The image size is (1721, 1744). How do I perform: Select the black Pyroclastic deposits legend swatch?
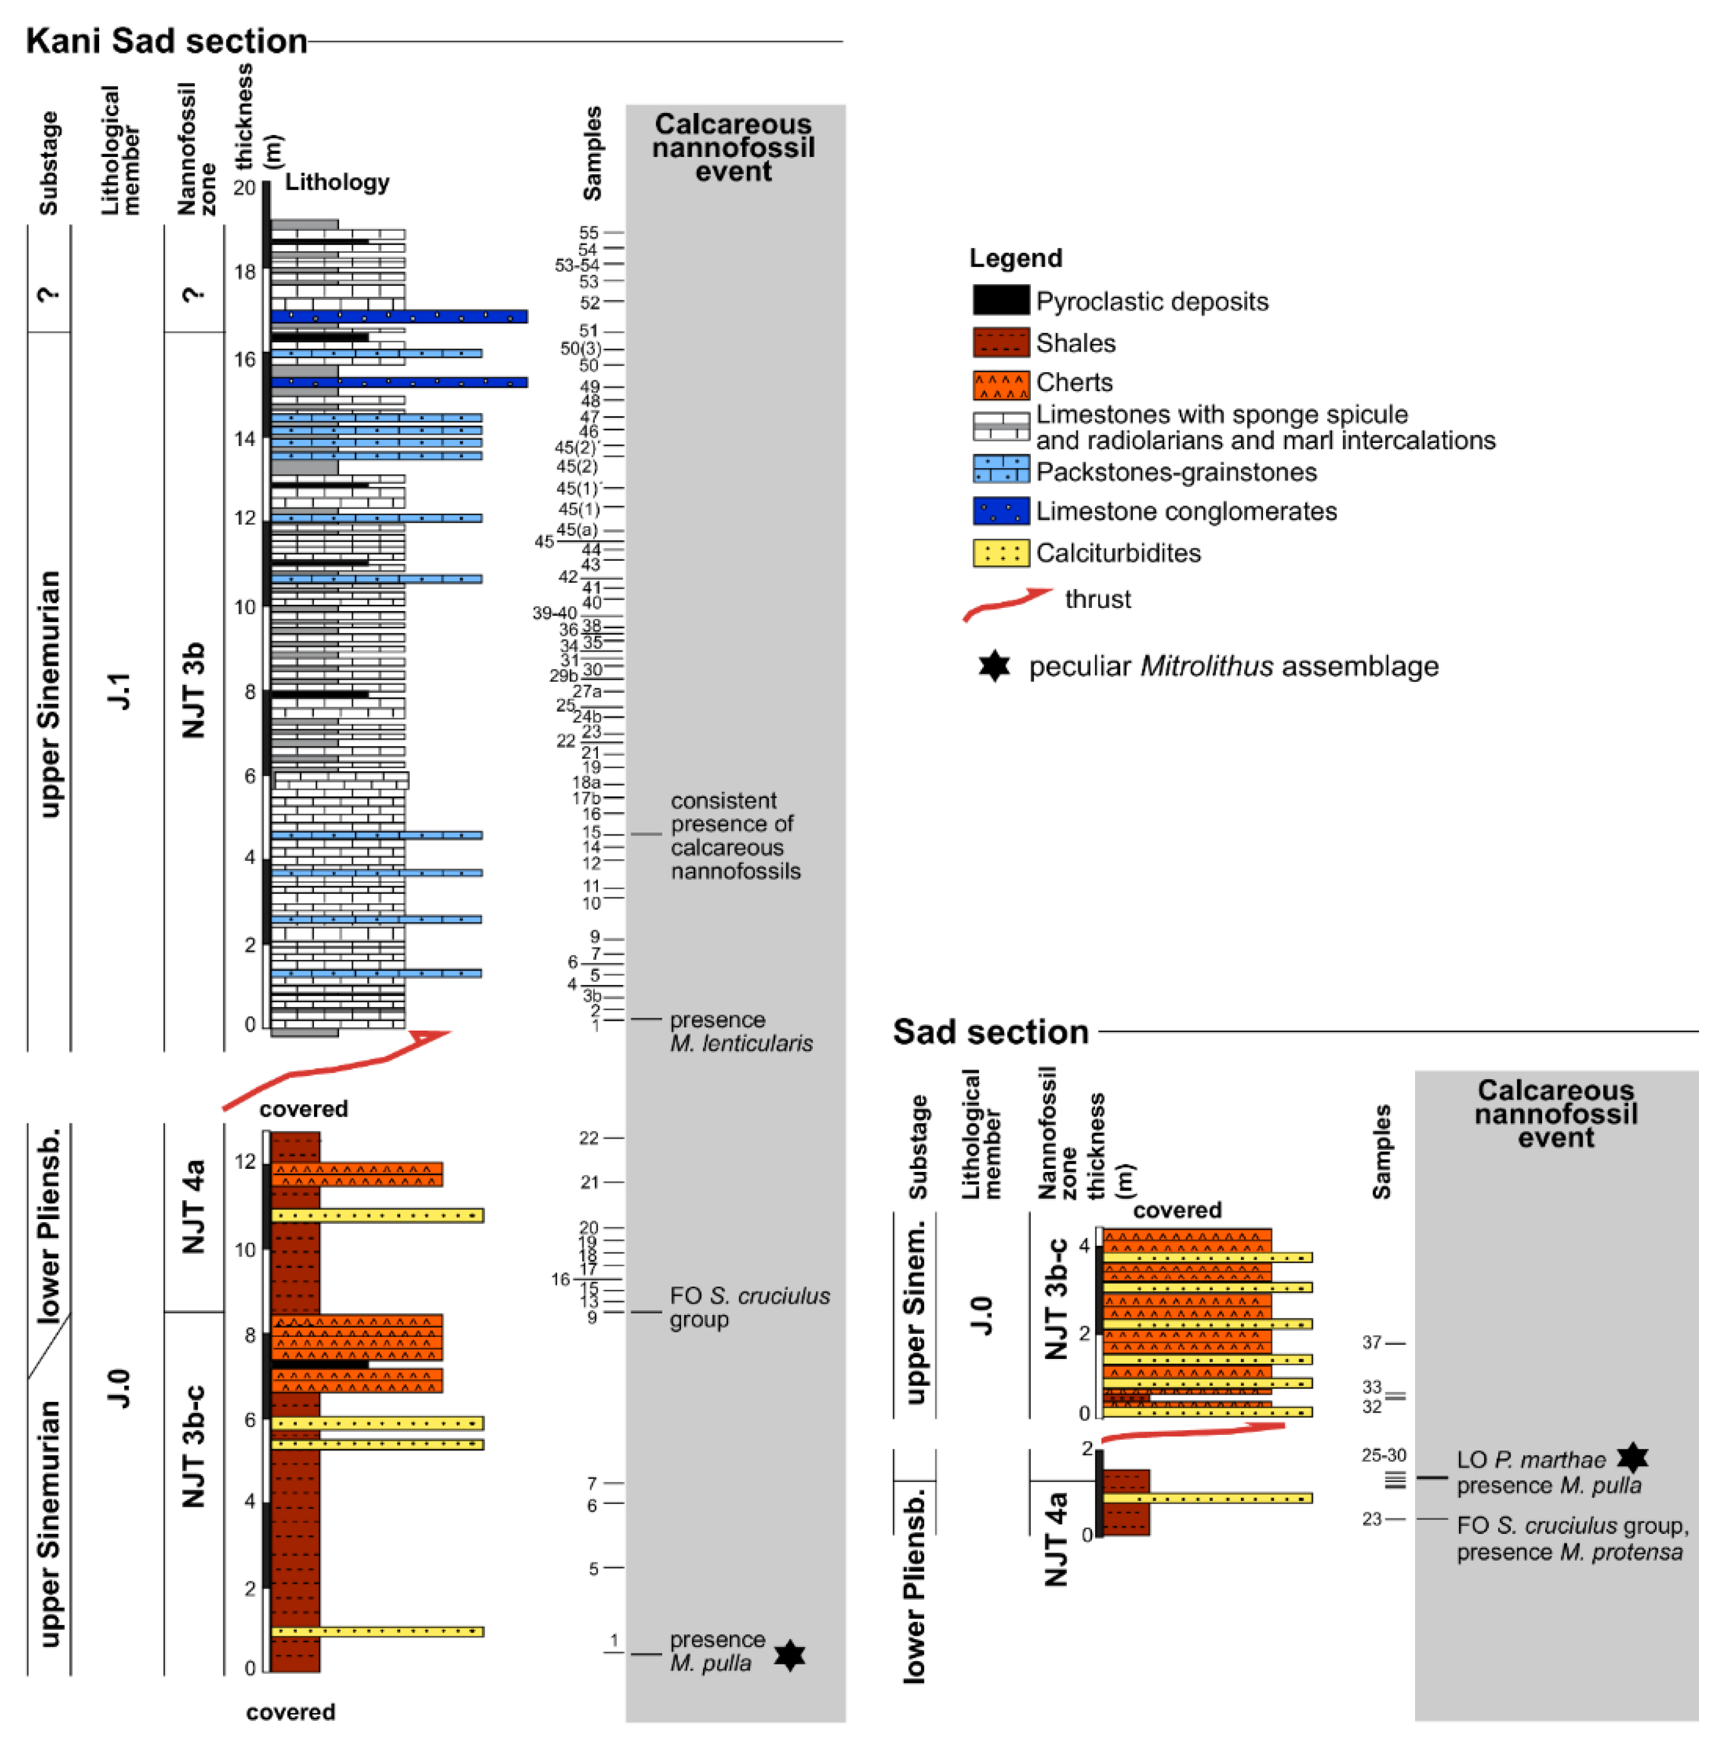coord(1000,300)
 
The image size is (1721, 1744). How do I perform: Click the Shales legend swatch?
coord(1000,342)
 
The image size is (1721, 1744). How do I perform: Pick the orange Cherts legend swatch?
coord(1000,384)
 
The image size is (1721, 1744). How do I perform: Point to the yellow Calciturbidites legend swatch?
coord(1000,552)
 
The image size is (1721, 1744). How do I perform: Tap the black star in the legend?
coord(993,666)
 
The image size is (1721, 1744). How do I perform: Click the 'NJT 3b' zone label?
coord(194,690)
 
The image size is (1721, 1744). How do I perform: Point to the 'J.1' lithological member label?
coord(120,690)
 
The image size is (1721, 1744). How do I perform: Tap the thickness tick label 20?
coord(245,188)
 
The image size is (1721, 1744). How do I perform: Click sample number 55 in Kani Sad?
coord(589,233)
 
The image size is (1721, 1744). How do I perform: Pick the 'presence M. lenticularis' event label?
coord(740,1031)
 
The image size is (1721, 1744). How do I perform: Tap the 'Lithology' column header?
coord(337,182)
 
